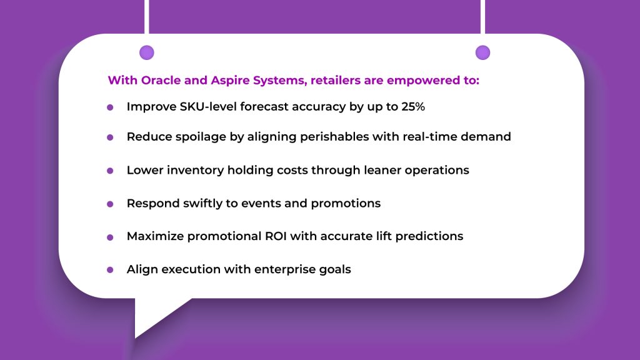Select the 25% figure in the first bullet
click(x=413, y=106)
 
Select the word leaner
click(x=382, y=170)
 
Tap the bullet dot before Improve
click(x=110, y=107)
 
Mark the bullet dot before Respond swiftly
click(x=110, y=204)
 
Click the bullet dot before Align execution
click(x=110, y=270)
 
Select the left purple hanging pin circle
click(x=147, y=52)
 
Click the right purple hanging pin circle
click(x=483, y=52)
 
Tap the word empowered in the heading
click(x=422, y=81)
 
